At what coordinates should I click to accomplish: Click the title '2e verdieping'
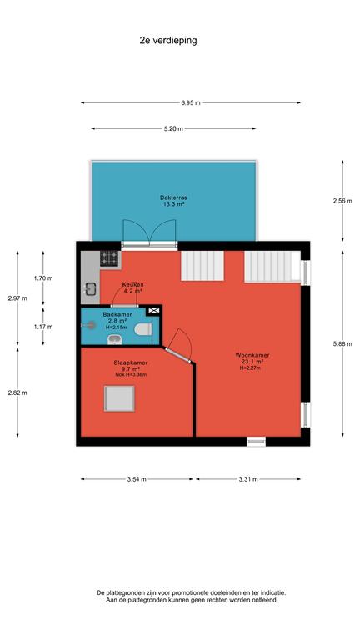pyautogui.click(x=168, y=40)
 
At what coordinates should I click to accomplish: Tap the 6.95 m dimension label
pyautogui.click(x=191, y=102)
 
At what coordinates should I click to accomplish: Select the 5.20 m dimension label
pyautogui.click(x=173, y=128)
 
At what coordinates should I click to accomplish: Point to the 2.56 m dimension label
pyautogui.click(x=342, y=200)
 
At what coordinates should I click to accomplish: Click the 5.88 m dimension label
pyautogui.click(x=342, y=343)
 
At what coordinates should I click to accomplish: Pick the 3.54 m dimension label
pyautogui.click(x=137, y=479)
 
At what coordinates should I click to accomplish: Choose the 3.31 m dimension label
pyautogui.click(x=248, y=479)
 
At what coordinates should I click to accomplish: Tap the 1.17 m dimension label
pyautogui.click(x=43, y=327)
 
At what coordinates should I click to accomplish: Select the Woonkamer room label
pyautogui.click(x=252, y=355)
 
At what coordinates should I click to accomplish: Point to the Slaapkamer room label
pyautogui.click(x=131, y=362)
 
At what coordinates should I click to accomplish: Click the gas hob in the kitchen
pyautogui.click(x=109, y=258)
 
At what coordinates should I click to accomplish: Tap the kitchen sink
pyautogui.click(x=90, y=289)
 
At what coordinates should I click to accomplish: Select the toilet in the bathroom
pyautogui.click(x=143, y=329)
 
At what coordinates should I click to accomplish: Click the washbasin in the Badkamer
pyautogui.click(x=113, y=340)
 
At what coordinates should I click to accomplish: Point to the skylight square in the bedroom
pyautogui.click(x=119, y=398)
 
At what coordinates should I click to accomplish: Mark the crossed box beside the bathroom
pyautogui.click(x=153, y=311)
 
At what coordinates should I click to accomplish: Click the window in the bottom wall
pyautogui.click(x=257, y=441)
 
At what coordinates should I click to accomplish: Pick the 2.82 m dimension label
pyautogui.click(x=17, y=392)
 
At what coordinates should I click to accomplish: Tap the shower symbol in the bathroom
pyautogui.click(x=88, y=325)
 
